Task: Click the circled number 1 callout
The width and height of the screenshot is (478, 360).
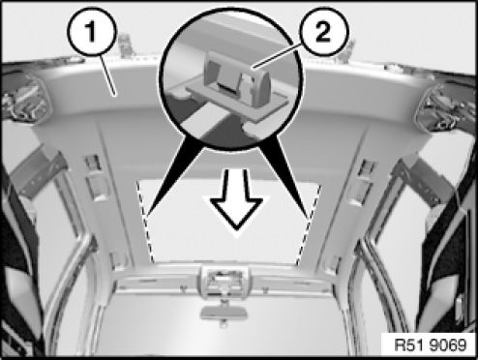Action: click(x=91, y=32)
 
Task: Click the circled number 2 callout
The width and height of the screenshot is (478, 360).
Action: click(x=323, y=32)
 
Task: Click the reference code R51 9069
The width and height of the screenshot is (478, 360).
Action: click(x=431, y=345)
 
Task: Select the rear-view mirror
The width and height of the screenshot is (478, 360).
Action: click(x=224, y=312)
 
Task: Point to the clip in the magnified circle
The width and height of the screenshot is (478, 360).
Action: click(x=238, y=78)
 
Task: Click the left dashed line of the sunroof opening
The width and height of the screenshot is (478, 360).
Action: click(x=145, y=222)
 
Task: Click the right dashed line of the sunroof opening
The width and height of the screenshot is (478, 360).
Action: click(x=309, y=225)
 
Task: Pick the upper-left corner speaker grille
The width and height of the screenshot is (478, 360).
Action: click(x=25, y=99)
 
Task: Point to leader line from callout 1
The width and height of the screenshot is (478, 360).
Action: click(x=107, y=75)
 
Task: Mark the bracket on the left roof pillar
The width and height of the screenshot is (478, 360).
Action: click(x=36, y=171)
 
